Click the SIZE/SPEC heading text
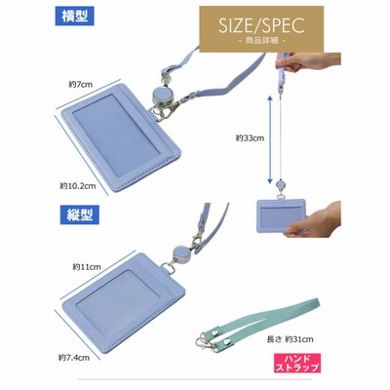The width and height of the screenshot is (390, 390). tap(261, 25)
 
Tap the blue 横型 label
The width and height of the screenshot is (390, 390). tap(74, 17)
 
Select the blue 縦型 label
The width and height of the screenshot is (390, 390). tap(80, 214)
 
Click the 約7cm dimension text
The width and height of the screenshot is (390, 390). tap(81, 85)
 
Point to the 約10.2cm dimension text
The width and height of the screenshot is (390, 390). tap(78, 186)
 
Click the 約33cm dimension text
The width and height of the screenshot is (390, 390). tap(250, 138)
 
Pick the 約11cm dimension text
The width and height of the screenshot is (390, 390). tap(87, 267)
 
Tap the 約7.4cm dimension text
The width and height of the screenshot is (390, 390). tap(74, 358)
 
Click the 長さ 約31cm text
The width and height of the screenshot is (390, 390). tap(291, 339)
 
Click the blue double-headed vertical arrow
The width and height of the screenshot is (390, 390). tap(270, 139)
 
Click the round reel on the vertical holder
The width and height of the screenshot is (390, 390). tap(180, 253)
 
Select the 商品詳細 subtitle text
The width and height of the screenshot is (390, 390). tap(261, 41)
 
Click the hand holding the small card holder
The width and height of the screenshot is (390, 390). tap(315, 220)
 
